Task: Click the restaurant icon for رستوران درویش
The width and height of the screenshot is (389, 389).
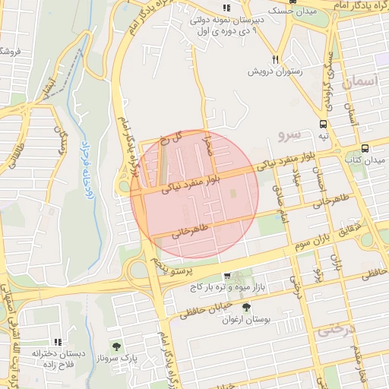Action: [276, 59]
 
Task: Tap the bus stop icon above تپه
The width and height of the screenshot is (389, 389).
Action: [324, 124]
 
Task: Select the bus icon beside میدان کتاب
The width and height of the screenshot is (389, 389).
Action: [365, 148]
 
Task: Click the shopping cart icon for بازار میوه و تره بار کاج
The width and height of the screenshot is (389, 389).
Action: [226, 276]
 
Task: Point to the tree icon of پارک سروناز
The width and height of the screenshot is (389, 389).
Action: [116, 346]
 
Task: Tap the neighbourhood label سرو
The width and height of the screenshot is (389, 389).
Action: [289, 135]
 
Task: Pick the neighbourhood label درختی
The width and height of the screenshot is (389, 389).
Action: [335, 330]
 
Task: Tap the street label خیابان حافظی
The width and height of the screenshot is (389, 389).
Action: [202, 309]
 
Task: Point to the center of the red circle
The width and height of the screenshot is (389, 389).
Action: [194, 194]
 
